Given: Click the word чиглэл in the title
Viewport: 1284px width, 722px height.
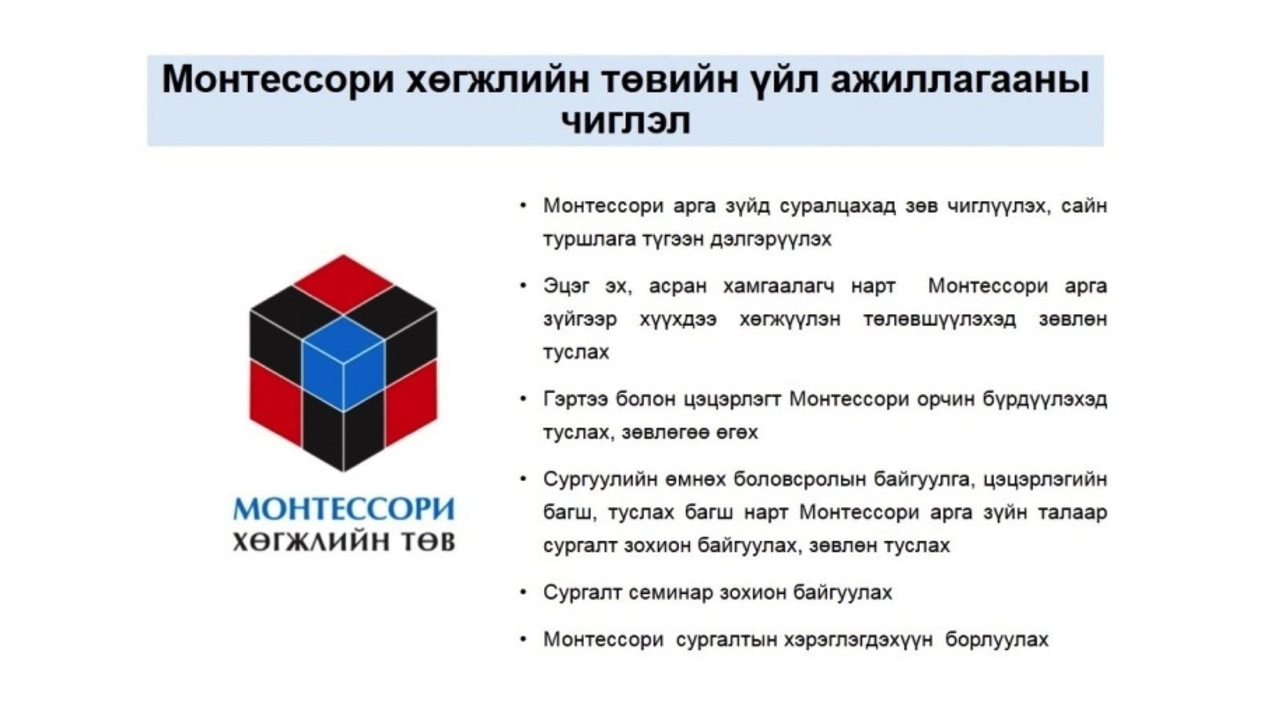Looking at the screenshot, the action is [626, 121].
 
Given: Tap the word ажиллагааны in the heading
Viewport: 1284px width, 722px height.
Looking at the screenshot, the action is [960, 79].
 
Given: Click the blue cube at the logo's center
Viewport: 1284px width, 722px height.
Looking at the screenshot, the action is [343, 364].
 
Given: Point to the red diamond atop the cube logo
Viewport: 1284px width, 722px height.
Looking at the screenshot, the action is [343, 284].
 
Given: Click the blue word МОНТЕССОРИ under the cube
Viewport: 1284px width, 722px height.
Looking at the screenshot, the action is [344, 509].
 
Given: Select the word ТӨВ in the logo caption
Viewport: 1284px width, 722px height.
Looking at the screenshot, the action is [428, 542].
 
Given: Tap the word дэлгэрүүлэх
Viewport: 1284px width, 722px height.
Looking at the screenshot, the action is [770, 239].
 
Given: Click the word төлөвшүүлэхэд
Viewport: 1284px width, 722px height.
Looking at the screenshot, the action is [940, 319].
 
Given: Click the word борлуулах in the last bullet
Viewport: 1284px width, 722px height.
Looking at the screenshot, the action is [997, 639].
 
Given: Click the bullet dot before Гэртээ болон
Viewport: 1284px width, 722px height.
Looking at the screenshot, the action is [522, 399].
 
